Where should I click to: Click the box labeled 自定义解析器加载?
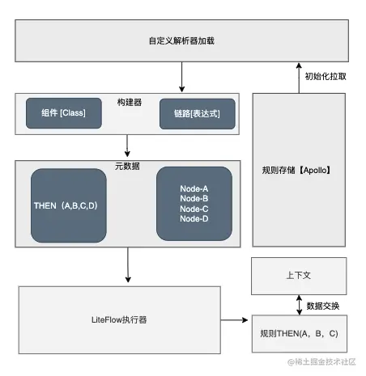coord(182,40)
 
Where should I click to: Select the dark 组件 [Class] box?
coord(64,112)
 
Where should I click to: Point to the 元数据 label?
coord(128,165)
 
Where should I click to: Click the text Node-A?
coord(194,189)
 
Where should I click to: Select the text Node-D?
coord(194,218)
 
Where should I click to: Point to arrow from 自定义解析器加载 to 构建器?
coord(182,77)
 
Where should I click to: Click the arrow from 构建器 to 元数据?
coord(128,146)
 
